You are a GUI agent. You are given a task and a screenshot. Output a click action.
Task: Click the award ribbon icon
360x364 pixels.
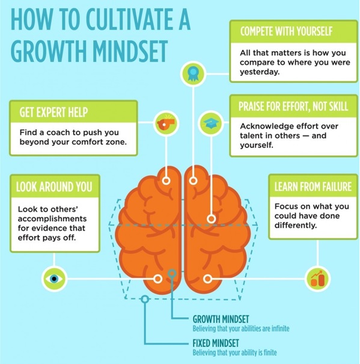193,74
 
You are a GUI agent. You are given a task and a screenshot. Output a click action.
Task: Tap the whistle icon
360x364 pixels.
166,123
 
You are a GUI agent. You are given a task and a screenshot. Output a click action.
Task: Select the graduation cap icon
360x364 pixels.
210,123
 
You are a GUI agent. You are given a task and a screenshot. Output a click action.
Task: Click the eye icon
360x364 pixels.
54,279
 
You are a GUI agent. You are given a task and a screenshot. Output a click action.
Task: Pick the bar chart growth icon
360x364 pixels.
317,279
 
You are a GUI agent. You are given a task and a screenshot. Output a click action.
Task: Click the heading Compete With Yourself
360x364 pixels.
286,31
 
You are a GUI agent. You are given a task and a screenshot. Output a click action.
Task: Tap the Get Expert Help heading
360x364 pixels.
53,112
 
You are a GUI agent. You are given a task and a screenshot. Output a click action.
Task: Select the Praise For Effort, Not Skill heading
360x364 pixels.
293,106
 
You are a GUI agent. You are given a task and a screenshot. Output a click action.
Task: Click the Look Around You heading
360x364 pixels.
54,187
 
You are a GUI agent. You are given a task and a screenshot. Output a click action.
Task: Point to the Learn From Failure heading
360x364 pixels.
313,187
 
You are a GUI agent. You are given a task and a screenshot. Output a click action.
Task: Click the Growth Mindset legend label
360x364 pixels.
221,319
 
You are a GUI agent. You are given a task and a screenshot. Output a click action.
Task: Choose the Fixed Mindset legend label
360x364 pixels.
216,343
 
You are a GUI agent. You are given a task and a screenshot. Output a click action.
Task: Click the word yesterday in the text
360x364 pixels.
260,72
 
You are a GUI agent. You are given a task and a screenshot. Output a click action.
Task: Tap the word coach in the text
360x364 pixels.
58,132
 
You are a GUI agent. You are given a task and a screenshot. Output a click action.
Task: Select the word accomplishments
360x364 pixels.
52,219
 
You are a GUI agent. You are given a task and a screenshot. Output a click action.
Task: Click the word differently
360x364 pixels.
296,226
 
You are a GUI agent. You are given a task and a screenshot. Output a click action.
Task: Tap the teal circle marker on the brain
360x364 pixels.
172,273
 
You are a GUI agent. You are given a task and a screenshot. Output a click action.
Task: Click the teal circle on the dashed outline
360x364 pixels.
145,299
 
